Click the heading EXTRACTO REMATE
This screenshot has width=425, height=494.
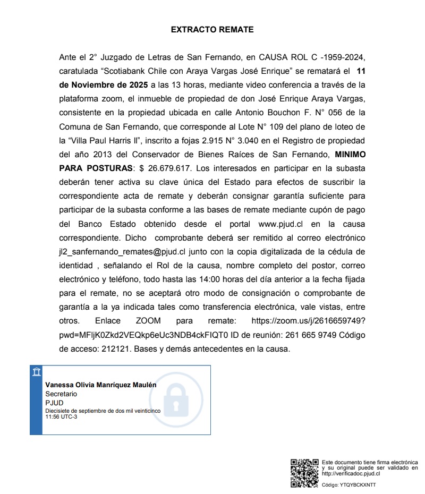click(212, 30)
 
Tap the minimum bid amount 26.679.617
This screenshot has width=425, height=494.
click(171, 168)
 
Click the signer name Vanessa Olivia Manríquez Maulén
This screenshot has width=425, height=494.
click(101, 385)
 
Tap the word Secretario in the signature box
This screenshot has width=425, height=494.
click(61, 394)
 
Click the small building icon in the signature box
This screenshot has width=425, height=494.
click(37, 371)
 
